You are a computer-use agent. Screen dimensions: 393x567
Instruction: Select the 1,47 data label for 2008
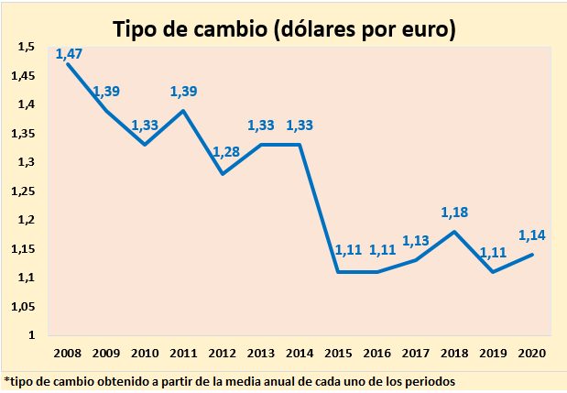click(x=70, y=54)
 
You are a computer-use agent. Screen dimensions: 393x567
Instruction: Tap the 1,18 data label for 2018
click(x=455, y=213)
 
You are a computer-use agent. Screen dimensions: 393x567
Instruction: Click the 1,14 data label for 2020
click(x=532, y=235)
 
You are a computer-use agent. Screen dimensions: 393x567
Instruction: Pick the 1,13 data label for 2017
click(x=417, y=242)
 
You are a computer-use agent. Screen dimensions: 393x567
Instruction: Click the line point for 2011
click(x=186, y=111)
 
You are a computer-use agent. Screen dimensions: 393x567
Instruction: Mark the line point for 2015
click(x=338, y=271)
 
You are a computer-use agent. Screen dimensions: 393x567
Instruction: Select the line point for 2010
click(x=147, y=145)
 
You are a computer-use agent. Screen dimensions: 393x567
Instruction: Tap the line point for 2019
click(x=494, y=271)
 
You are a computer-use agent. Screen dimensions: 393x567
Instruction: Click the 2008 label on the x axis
click(x=68, y=351)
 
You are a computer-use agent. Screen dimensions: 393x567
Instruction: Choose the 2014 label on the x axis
click(x=300, y=351)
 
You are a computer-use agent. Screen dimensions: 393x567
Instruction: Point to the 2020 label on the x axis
click(x=532, y=351)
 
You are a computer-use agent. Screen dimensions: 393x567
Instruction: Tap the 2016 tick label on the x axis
click(x=377, y=351)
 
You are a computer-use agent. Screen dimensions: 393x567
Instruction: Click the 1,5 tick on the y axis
click(x=27, y=47)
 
